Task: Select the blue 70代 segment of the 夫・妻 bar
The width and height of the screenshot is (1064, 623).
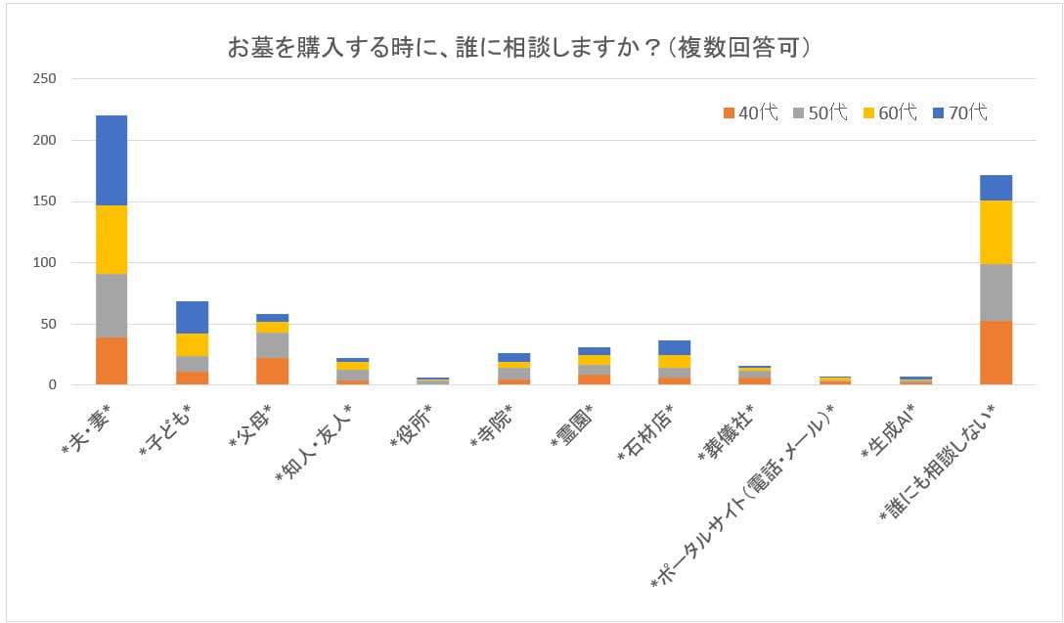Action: tap(111, 159)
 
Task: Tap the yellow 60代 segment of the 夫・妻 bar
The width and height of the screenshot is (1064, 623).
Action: tap(111, 239)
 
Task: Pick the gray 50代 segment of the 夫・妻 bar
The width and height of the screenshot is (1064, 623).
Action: tap(111, 305)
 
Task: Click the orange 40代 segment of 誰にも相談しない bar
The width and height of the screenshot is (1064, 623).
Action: tap(996, 352)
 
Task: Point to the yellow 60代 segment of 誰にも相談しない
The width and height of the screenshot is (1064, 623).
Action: tap(996, 232)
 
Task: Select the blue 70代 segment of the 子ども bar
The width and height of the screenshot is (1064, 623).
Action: tap(192, 317)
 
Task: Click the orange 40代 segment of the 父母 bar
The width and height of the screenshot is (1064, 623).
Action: tap(272, 371)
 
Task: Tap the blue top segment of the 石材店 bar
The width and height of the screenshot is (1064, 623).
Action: tap(674, 347)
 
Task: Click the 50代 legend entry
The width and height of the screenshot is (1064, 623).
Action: tap(820, 112)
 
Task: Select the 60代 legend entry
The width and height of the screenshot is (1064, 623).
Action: tap(890, 112)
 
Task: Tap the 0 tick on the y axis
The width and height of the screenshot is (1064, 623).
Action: tap(53, 385)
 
